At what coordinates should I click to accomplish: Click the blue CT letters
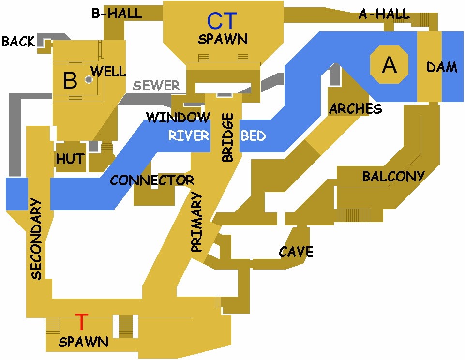coord(222,21)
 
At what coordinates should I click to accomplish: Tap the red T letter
coord(82,321)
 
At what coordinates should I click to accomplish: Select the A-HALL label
coord(384,14)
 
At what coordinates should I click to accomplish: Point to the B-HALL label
coord(117,13)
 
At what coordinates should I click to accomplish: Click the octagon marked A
coord(389,65)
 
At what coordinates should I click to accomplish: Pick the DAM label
coord(441,67)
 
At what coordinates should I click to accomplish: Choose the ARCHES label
coord(355,109)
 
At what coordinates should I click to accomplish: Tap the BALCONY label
coord(393,176)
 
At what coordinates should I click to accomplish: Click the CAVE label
coord(296,252)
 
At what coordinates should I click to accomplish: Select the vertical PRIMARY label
coord(196,222)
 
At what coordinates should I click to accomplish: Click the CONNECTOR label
coord(152,180)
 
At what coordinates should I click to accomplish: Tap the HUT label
coord(70,158)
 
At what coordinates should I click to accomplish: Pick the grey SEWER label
coord(156,86)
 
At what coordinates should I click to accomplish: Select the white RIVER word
coord(188,135)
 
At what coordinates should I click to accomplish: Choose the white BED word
coord(253,135)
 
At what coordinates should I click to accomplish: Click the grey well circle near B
coord(89,79)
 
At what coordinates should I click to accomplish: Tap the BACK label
coord(18,42)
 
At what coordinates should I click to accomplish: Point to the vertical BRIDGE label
coord(227,137)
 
